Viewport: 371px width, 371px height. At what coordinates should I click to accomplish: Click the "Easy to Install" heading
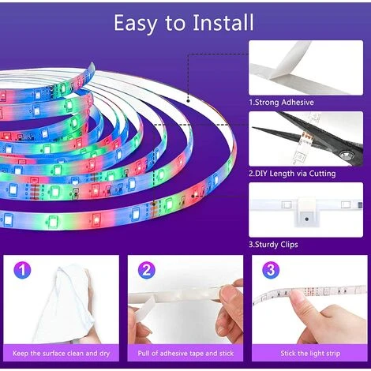coord(184,23)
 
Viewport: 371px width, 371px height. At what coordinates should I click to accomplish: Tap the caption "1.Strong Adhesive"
coord(281,103)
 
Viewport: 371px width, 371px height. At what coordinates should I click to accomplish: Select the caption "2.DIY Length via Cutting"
coord(292,174)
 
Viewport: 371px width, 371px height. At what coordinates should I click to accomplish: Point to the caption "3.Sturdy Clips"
coord(273,245)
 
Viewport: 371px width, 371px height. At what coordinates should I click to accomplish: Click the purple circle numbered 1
coord(22,270)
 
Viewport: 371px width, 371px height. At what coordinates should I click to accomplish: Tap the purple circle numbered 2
coord(147,270)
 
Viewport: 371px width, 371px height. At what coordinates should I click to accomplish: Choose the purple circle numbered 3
coord(271,270)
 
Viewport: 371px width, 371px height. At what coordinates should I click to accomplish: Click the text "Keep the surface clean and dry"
coord(61,354)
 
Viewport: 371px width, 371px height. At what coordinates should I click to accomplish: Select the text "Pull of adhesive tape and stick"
coord(185,354)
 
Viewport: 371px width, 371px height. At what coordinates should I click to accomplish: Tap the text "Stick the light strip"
coord(310,354)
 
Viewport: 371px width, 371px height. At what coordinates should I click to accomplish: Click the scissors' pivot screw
coord(346,154)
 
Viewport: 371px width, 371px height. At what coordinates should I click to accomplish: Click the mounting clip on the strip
coord(308,212)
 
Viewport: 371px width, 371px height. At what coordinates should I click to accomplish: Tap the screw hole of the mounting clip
coord(306,219)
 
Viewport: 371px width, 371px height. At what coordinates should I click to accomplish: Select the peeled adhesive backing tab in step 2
coord(144,307)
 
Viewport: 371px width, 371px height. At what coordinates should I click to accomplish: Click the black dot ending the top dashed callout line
coord(188,101)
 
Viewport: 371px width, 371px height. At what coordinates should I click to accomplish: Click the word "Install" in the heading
coord(223,23)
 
